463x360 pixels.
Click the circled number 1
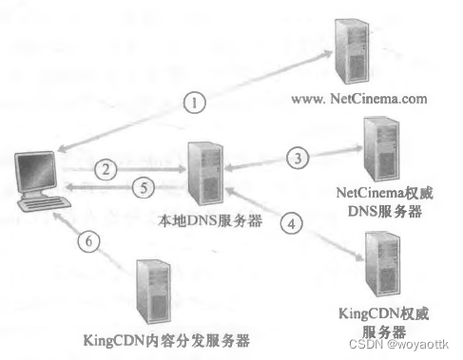tap(194, 103)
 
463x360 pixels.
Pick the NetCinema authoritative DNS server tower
tap(374, 148)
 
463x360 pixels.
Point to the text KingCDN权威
tap(379, 312)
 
